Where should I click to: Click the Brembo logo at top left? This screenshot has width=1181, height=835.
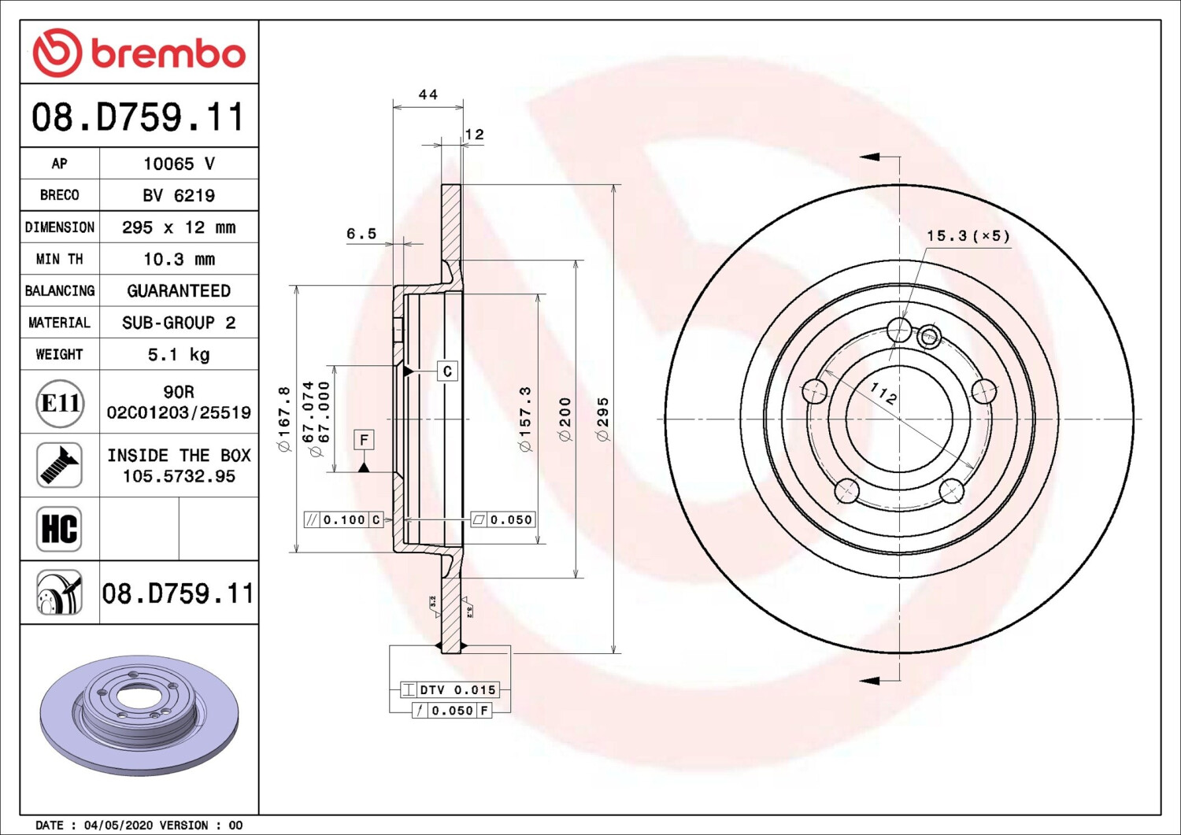pyautogui.click(x=139, y=53)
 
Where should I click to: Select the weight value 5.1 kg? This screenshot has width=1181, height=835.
pyautogui.click(x=179, y=355)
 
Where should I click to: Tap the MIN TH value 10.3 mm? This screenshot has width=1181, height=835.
pyautogui.click(x=180, y=260)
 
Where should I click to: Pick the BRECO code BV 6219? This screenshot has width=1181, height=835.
pyautogui.click(x=179, y=196)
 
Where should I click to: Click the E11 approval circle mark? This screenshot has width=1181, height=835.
pyautogui.click(x=60, y=403)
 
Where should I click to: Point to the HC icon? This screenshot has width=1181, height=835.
pyautogui.click(x=59, y=529)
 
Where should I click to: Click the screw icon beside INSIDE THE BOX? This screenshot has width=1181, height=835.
pyautogui.click(x=59, y=465)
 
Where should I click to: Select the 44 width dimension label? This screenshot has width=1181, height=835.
pyautogui.click(x=428, y=94)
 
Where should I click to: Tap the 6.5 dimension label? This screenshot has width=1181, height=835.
pyautogui.click(x=361, y=234)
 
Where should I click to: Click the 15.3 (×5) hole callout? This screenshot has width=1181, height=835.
pyautogui.click(x=968, y=235)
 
